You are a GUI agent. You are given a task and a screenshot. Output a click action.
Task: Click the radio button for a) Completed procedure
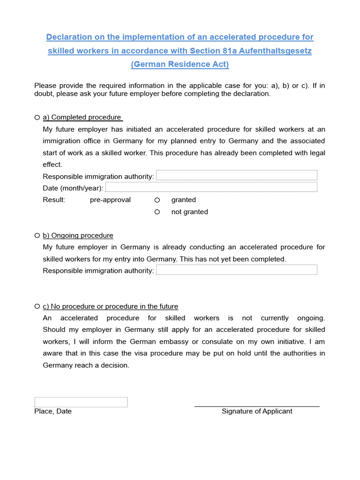point(37,117)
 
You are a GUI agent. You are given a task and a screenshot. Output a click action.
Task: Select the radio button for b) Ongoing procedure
point(37,235)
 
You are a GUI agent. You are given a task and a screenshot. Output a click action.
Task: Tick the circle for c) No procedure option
point(37,306)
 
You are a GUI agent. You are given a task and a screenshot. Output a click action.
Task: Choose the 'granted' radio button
point(157,200)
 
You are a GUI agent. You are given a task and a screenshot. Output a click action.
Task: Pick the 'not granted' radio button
point(157,212)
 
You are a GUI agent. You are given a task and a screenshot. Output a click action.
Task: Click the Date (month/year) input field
point(211,187)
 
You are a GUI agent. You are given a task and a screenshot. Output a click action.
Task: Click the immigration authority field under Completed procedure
point(236,175)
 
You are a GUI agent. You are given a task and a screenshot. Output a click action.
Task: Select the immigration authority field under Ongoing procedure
point(236,270)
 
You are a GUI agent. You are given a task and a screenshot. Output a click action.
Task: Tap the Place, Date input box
point(81,402)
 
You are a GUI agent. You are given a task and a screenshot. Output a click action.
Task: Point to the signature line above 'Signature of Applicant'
point(257,406)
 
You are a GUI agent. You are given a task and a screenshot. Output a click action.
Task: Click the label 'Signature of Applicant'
point(257,411)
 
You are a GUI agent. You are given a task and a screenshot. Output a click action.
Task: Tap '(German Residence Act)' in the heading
point(180,64)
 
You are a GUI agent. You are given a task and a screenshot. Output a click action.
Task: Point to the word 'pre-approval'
point(110,200)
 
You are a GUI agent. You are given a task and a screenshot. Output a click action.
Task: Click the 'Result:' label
point(54,200)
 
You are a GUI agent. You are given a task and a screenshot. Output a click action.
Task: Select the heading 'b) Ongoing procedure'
point(78,235)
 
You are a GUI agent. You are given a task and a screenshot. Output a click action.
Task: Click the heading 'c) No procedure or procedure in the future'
point(110,307)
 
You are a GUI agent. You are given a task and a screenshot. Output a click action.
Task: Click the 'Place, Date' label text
point(53,411)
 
